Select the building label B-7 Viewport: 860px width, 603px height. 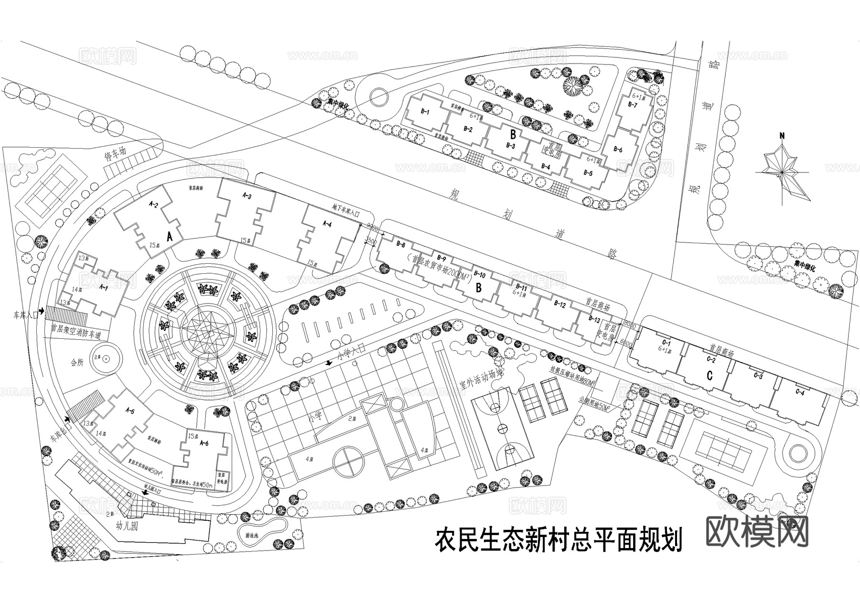(633, 104)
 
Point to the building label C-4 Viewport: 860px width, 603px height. (800, 393)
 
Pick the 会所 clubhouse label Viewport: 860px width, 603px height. (77, 363)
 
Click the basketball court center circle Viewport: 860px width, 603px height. (503, 428)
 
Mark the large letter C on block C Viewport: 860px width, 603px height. (709, 376)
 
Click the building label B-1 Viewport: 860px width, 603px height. (425, 112)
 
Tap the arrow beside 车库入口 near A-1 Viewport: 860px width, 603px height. (42, 311)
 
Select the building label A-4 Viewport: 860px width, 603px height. (327, 224)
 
